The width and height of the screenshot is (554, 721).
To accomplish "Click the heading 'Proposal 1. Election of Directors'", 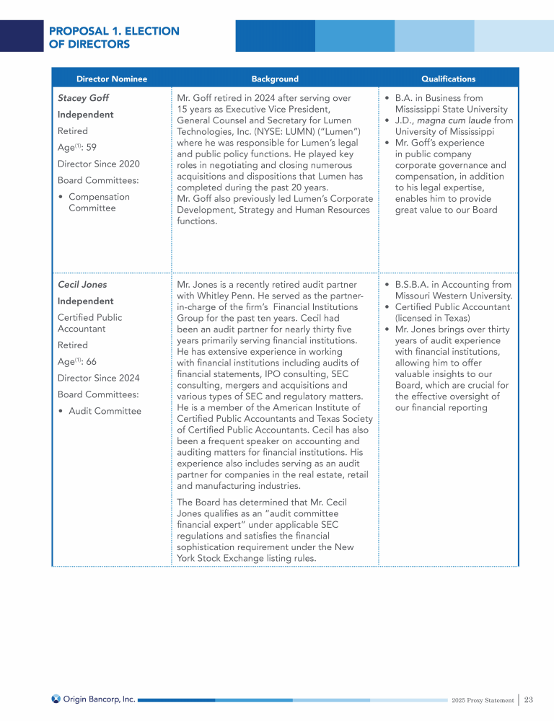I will [x=114, y=37].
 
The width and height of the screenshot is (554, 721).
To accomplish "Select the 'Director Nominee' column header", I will [x=112, y=79].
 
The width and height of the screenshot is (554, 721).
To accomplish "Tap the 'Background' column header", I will [x=275, y=79].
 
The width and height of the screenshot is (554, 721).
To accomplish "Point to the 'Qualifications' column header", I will [x=448, y=79].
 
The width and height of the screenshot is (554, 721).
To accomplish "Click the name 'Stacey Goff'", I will [x=83, y=97].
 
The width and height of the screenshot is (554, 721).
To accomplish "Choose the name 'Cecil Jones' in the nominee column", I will [x=82, y=284].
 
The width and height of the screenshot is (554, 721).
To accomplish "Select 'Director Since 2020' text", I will [x=99, y=164].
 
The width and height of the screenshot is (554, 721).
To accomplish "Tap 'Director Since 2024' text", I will [x=99, y=378].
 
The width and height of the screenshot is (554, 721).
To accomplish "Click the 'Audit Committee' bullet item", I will [x=105, y=411].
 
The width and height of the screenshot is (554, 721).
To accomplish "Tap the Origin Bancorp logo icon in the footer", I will [x=56, y=699].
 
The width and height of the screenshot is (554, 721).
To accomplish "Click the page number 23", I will [x=529, y=699].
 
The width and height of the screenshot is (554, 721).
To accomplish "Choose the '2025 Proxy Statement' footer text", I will [x=481, y=700].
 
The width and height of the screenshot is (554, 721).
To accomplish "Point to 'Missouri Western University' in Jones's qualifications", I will [x=453, y=296].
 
